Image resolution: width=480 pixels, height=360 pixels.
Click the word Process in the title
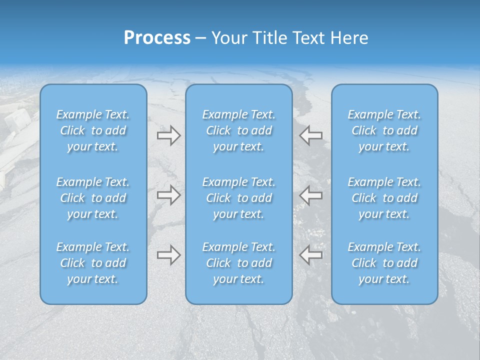coord(157,38)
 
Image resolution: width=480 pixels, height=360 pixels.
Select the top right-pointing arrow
coord(168,135)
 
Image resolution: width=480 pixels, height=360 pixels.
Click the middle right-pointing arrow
coord(168,195)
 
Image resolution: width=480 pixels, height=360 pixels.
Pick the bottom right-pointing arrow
coord(168,255)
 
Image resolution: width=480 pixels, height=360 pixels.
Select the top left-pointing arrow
coord(310,135)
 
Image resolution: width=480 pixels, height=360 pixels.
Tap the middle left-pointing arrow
coord(310,195)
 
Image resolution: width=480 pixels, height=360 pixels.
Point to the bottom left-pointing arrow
coord(310,255)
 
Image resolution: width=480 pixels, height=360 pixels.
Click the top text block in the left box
coord(93,130)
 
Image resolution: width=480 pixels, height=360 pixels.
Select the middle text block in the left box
coord(93,198)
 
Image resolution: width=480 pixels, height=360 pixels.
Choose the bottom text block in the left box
coord(93,263)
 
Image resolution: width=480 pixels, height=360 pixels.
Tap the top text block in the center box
coord(239,130)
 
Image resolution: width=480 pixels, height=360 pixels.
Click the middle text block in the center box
coord(239,198)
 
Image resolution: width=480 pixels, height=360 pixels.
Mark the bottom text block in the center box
coord(239,263)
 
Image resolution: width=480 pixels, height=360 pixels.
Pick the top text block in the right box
coord(384,130)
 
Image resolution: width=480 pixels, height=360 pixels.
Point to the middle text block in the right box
coord(384,198)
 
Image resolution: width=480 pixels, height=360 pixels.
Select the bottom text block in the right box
coord(384,263)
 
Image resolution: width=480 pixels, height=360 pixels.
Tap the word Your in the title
coord(228,38)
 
